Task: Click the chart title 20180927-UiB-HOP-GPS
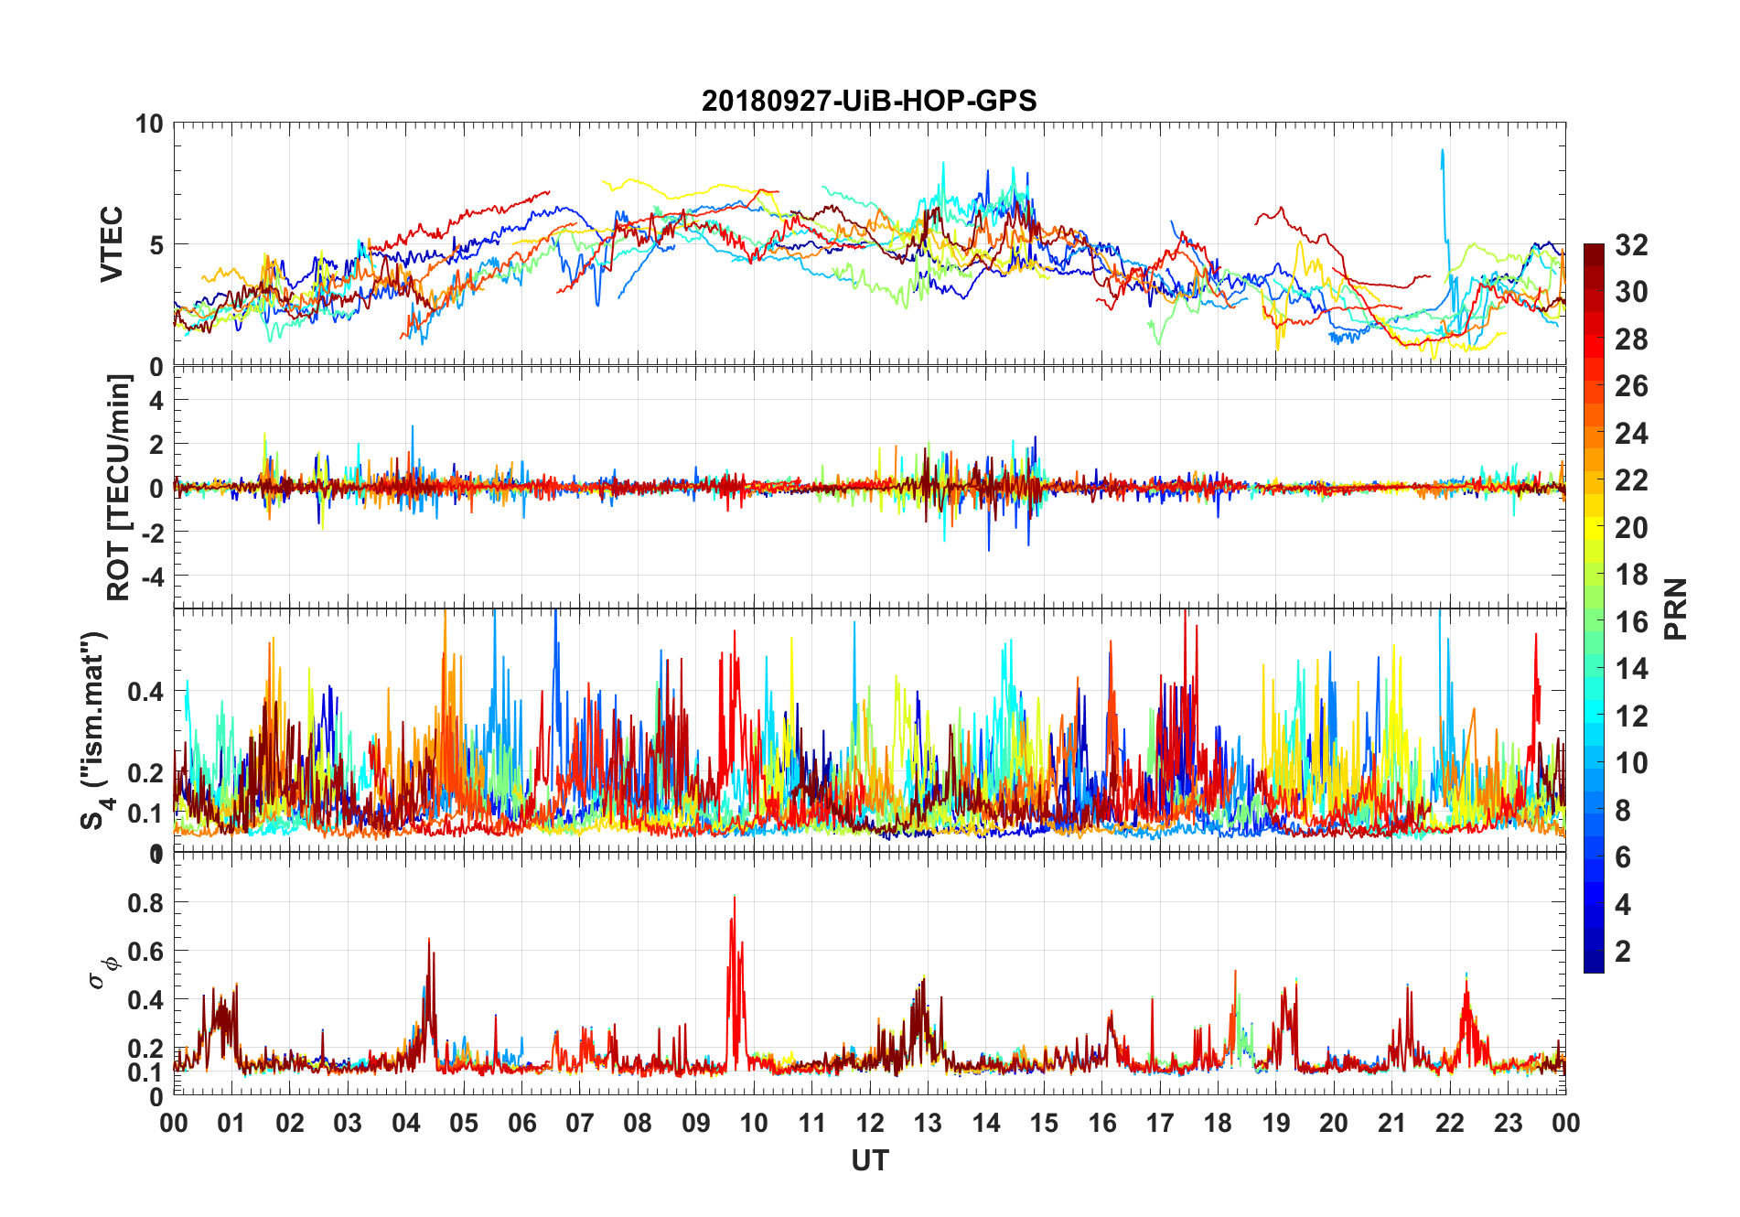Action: (869, 101)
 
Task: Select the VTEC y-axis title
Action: (112, 244)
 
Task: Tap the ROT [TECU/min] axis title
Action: (119, 487)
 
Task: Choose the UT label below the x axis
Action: (869, 1161)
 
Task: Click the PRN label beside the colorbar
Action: (1676, 608)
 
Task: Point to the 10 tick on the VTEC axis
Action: (149, 124)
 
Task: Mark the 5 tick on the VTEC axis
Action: (156, 245)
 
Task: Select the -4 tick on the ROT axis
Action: (150, 576)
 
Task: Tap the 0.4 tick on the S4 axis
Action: (145, 692)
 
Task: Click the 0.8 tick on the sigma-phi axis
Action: (146, 903)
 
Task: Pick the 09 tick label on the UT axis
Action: (695, 1124)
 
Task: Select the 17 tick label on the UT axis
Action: (1160, 1124)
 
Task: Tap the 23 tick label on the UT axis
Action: (1508, 1124)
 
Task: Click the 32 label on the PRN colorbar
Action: (1631, 245)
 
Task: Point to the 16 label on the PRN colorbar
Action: (1631, 622)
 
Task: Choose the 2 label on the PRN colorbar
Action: (1623, 952)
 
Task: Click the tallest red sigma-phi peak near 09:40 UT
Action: (734, 899)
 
